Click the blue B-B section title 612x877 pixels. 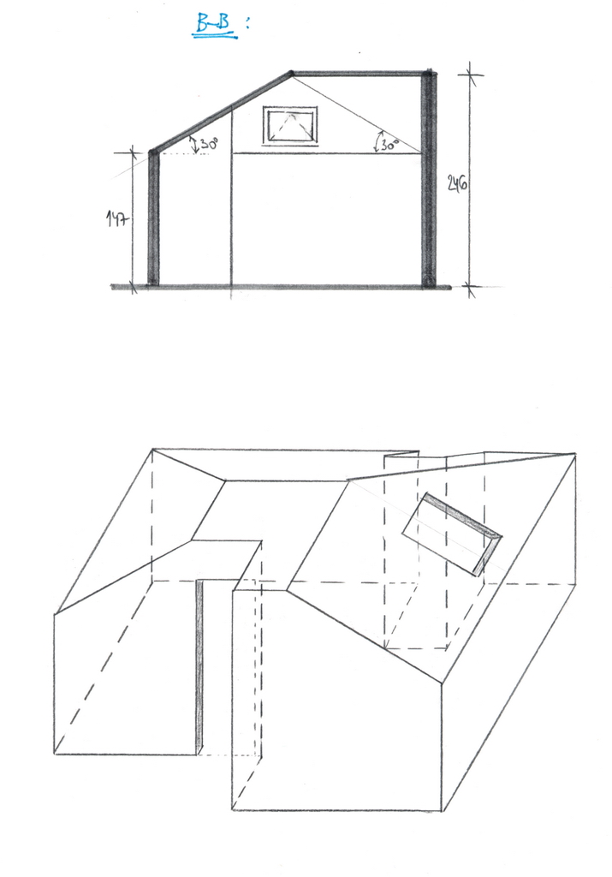(214, 25)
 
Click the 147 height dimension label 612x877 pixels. (117, 218)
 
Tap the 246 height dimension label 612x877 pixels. (457, 183)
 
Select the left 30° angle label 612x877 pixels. (209, 143)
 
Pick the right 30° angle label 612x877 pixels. (389, 145)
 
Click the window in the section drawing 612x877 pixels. (290, 127)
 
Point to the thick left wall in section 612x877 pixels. (153, 218)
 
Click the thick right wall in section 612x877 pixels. (429, 179)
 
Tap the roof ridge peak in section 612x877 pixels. (291, 73)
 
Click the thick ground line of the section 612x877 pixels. (281, 288)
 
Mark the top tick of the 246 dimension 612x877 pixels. (469, 74)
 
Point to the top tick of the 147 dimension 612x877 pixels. (133, 152)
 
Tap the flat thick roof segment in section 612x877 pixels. (359, 74)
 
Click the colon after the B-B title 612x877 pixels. (247, 23)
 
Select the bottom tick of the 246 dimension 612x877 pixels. (469, 288)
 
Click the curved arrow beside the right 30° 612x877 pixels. (377, 141)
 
